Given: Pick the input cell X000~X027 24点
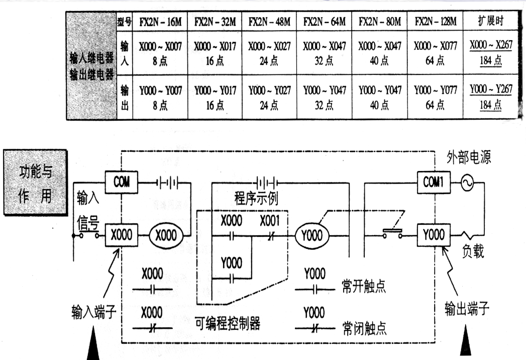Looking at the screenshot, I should (x=269, y=53).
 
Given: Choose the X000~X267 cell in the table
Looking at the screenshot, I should (x=491, y=46).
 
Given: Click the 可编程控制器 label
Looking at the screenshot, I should (x=227, y=323).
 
